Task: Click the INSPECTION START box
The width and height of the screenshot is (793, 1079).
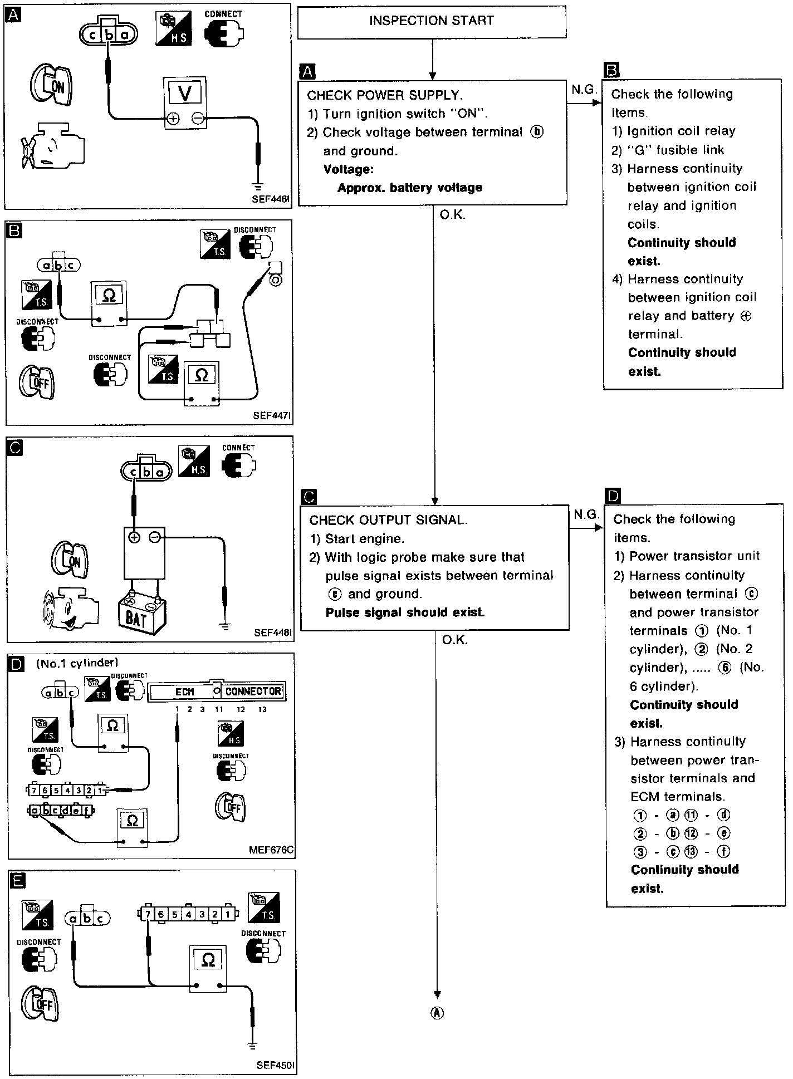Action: pyautogui.click(x=432, y=22)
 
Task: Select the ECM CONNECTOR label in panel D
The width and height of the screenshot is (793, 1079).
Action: pyautogui.click(x=217, y=691)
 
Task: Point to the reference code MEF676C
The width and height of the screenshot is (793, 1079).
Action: pyautogui.click(x=271, y=850)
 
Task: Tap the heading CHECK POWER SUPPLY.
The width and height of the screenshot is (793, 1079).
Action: pyautogui.click(x=385, y=95)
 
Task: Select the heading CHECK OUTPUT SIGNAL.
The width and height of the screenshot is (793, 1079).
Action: pyautogui.click(x=388, y=520)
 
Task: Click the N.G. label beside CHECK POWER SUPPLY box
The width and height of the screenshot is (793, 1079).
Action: pyautogui.click(x=583, y=90)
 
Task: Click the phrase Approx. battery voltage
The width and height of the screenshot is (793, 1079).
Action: pyautogui.click(x=409, y=188)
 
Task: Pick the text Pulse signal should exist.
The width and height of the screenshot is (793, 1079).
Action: pyautogui.click(x=405, y=612)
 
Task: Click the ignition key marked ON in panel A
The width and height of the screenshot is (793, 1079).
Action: pyautogui.click(x=52, y=85)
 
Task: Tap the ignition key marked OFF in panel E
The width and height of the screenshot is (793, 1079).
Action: pyautogui.click(x=40, y=1004)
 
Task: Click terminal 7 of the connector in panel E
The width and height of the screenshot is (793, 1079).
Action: pyautogui.click(x=146, y=914)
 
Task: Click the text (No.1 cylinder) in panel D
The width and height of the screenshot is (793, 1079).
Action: pyautogui.click(x=77, y=663)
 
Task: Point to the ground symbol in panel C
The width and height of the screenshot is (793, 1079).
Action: pyautogui.click(x=226, y=626)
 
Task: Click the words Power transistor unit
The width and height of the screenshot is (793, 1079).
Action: pyautogui.click(x=694, y=556)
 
